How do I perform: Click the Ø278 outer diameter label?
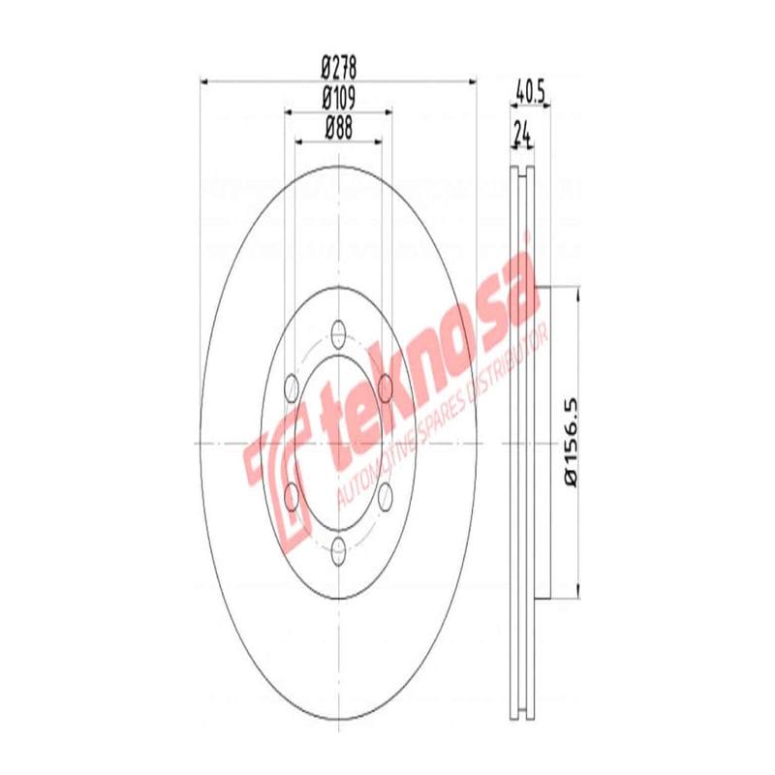click(339, 69)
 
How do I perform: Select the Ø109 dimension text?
click(339, 98)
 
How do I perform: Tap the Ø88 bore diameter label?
click(339, 126)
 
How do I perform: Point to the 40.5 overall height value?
click(529, 95)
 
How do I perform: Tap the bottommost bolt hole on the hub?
click(337, 552)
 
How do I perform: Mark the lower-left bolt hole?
click(290, 497)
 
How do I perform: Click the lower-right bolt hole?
click(385, 497)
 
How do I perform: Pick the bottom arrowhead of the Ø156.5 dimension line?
click(578, 592)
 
